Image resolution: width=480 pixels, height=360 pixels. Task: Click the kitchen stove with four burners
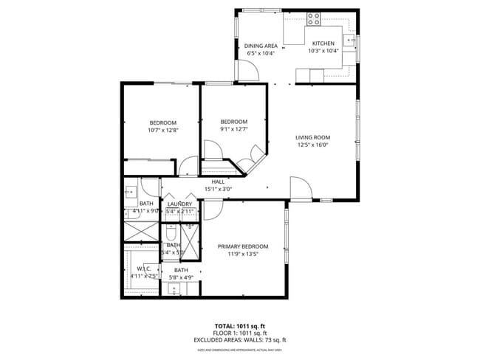pos(313,18)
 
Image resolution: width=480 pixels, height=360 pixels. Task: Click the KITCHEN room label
pos(323,44)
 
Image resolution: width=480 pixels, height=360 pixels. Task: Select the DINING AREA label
pos(261,46)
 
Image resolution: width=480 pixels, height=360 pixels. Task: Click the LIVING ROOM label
pos(312,137)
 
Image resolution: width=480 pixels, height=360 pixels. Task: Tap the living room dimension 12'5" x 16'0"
pos(312,145)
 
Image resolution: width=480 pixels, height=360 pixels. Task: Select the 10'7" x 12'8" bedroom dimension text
pos(163,130)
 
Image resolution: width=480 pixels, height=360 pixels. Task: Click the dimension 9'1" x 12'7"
pos(234,130)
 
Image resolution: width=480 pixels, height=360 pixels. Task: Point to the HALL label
pos(218,181)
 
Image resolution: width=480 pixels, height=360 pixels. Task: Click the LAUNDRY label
pos(179,204)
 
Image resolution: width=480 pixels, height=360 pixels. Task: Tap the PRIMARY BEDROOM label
pos(242,246)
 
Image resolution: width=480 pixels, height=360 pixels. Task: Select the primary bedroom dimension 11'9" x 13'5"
pos(242,255)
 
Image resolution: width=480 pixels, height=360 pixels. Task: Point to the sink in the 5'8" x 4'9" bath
pos(174,288)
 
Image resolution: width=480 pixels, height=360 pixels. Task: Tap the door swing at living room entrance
pos(299,189)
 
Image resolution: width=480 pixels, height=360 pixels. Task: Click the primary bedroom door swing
pos(213,210)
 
